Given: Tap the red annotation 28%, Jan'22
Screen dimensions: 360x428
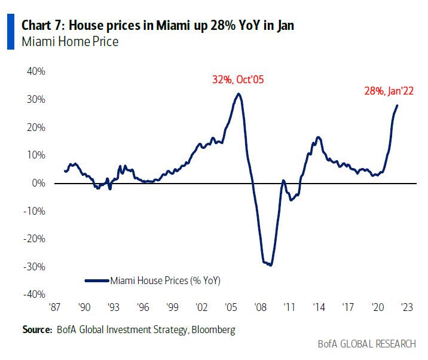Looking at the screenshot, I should tap(389, 91).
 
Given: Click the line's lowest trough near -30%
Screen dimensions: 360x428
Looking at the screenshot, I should tap(271, 265).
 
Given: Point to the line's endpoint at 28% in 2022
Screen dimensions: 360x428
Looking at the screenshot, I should tap(398, 105).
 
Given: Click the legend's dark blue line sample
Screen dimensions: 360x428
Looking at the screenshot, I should tap(97, 279).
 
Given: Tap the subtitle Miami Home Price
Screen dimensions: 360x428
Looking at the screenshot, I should tap(70, 42).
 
